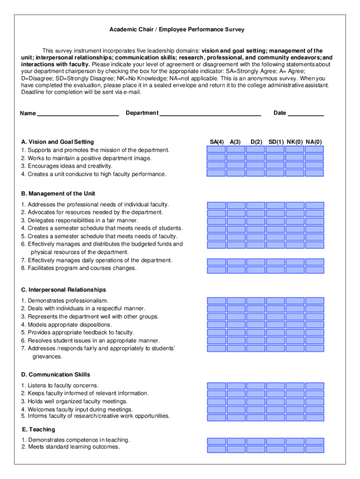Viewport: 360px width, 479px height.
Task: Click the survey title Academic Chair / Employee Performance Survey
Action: click(177, 29)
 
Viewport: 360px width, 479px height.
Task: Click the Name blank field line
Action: click(77, 114)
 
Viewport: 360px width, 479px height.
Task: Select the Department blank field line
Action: click(210, 114)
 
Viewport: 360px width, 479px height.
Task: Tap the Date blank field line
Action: click(306, 114)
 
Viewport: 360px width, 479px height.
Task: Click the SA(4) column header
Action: click(217, 142)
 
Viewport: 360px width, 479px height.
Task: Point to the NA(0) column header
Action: click(314, 142)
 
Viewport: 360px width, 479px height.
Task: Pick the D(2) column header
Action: click(256, 142)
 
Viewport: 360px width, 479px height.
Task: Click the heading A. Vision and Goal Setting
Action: click(58, 142)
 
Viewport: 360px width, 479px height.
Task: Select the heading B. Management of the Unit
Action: click(58, 194)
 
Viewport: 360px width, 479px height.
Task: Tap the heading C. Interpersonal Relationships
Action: click(64, 290)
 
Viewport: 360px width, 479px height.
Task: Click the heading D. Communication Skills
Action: click(56, 375)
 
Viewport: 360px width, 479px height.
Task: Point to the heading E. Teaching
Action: click(38, 429)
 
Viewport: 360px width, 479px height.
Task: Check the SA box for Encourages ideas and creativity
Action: click(216, 166)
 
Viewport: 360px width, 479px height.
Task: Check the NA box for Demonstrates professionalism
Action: click(314, 301)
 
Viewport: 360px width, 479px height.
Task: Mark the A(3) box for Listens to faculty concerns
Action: click(236, 386)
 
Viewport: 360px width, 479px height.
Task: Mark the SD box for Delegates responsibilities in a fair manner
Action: click(275, 221)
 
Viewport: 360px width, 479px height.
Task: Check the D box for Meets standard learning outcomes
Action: click(256, 449)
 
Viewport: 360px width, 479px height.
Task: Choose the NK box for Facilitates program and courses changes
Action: click(295, 270)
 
